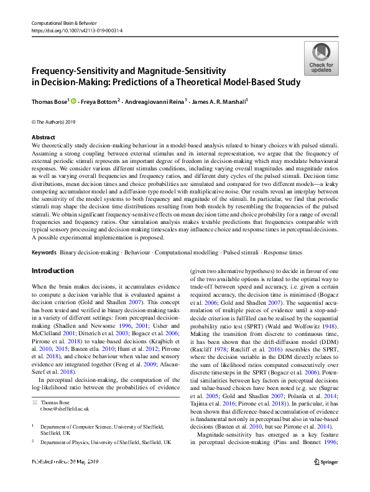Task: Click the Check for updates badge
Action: coord(320,58)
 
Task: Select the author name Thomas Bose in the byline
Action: coord(49,101)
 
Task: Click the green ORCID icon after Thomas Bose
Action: coord(73,101)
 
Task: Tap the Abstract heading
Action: coord(44,137)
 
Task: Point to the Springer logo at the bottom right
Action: coord(326,479)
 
